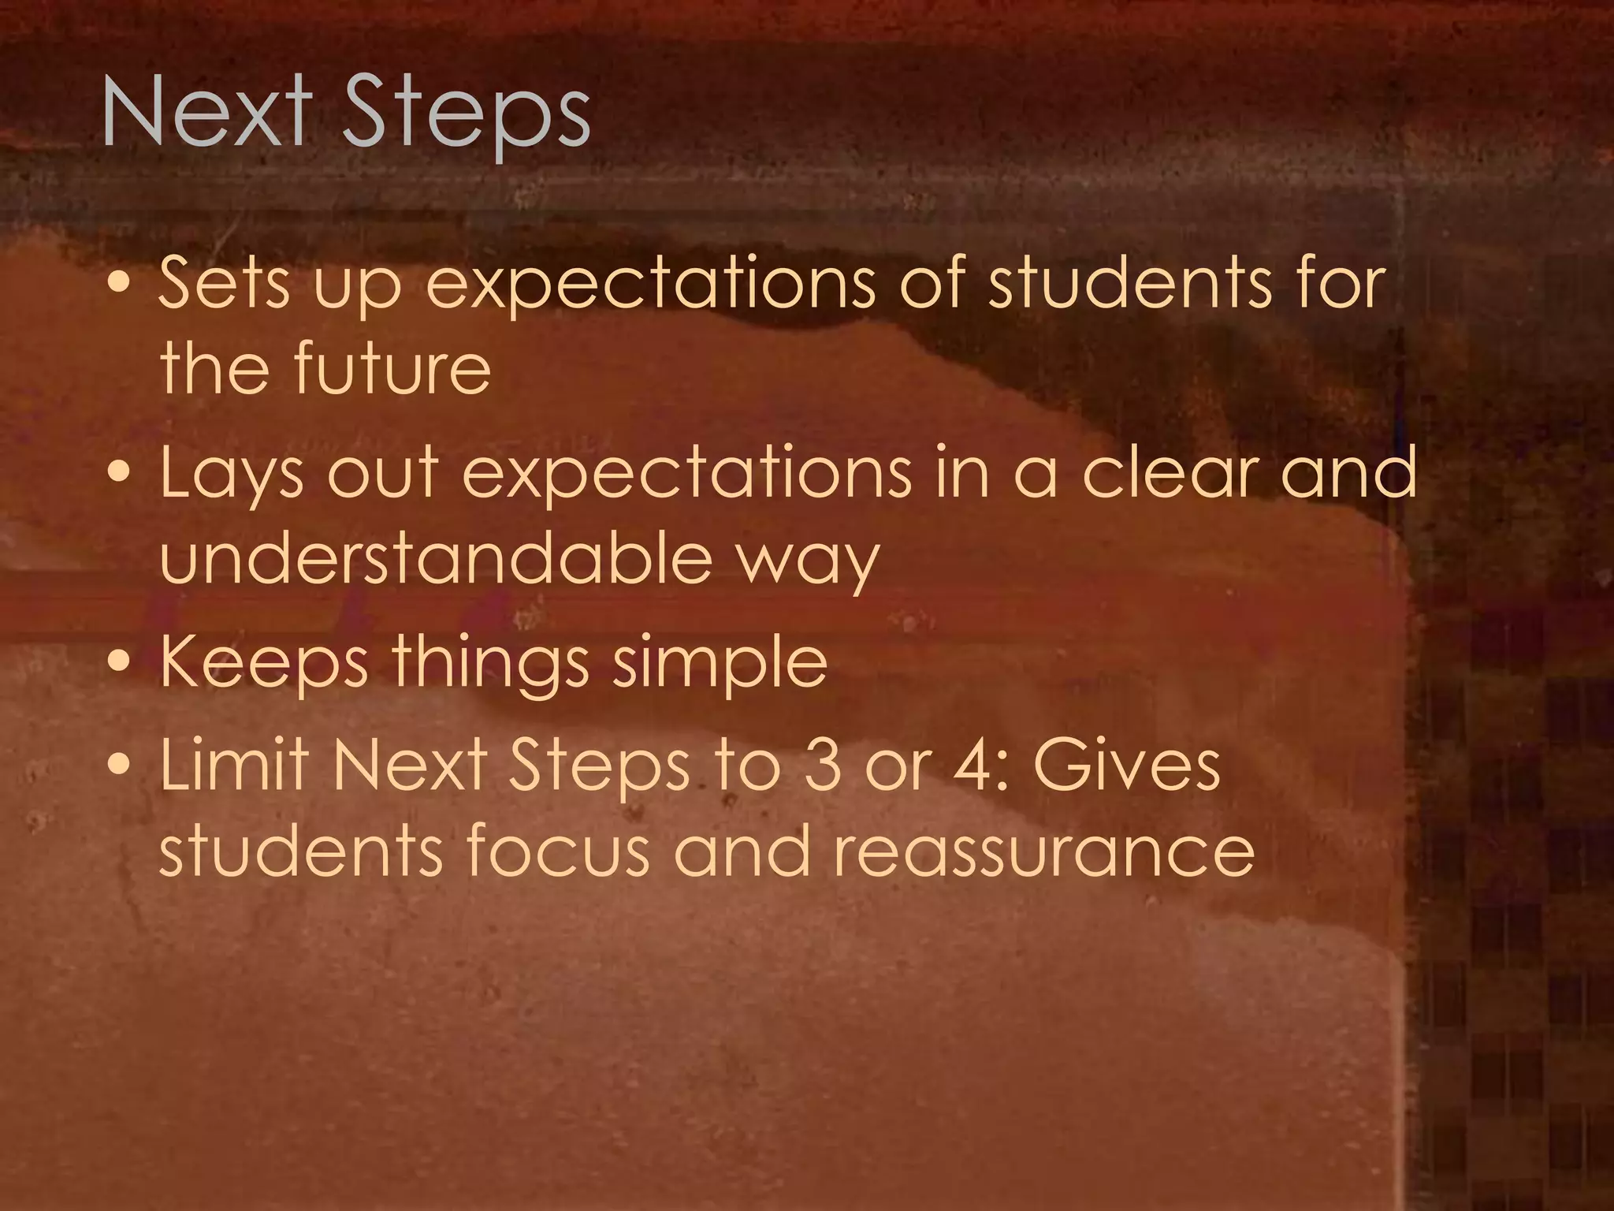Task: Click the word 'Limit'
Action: click(x=236, y=764)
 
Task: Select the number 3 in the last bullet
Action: click(x=823, y=765)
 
